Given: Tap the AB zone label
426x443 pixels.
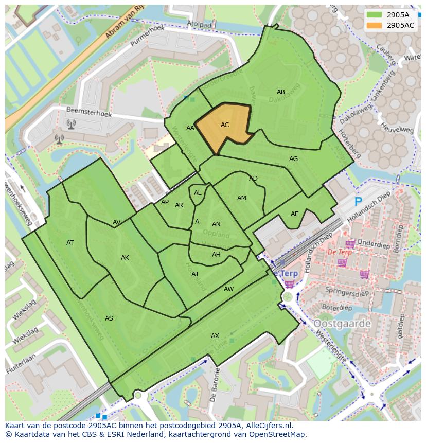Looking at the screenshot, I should [x=281, y=93].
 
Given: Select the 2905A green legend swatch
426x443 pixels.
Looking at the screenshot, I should [x=374, y=15].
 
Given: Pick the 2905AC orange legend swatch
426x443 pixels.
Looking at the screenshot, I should [x=374, y=25].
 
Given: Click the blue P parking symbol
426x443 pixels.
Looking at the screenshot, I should [x=359, y=202].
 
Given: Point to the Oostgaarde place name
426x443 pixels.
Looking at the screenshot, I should [x=342, y=324].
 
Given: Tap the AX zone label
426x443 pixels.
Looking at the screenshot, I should [x=215, y=336].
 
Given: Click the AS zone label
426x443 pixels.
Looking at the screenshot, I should [x=109, y=318].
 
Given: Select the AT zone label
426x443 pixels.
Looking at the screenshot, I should [x=70, y=243].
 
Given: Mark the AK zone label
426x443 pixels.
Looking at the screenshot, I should [x=125, y=258].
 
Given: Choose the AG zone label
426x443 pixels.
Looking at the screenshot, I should [x=293, y=159].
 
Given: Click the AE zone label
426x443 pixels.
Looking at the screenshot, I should [x=294, y=214].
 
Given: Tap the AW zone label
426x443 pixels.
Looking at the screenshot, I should [x=228, y=289].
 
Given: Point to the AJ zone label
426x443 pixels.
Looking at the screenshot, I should [x=194, y=274].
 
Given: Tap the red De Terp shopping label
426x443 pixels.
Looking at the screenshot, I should [x=340, y=252].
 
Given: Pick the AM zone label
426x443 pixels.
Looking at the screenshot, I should [x=242, y=198].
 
